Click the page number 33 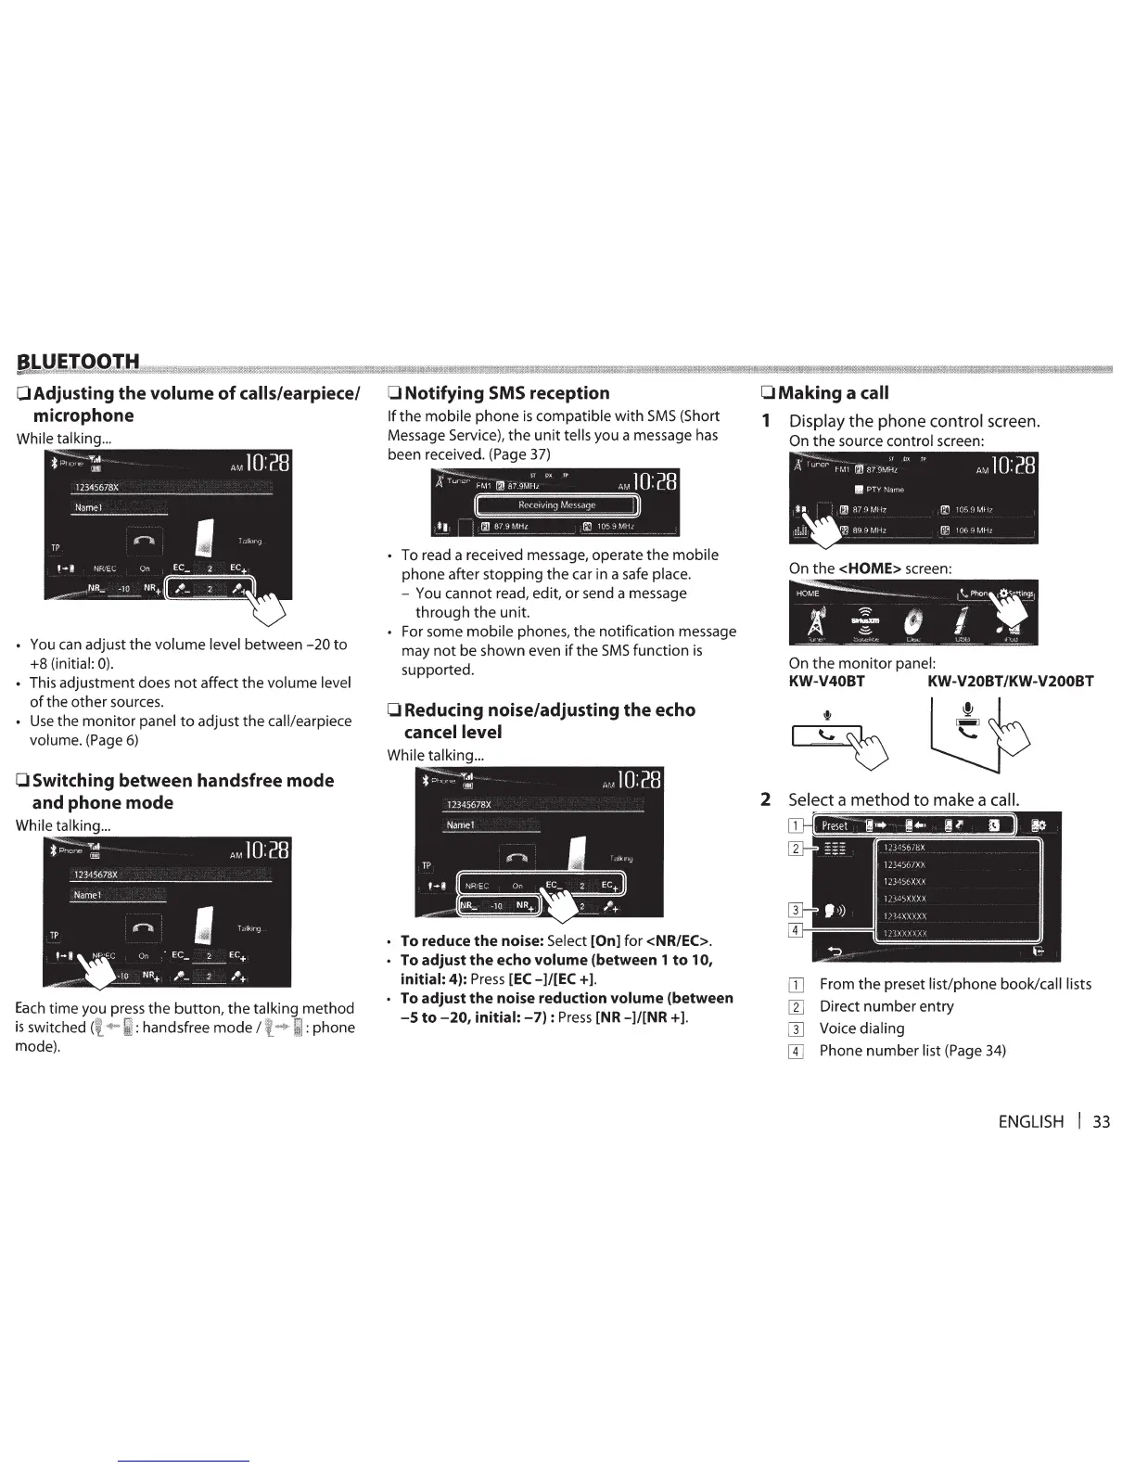1101,1121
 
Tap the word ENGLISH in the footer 1030,1121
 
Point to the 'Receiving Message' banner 556,505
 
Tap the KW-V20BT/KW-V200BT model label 1010,682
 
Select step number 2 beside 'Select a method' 766,799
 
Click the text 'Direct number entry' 886,1006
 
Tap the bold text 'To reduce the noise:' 472,940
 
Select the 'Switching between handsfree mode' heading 183,780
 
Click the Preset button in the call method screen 834,825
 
